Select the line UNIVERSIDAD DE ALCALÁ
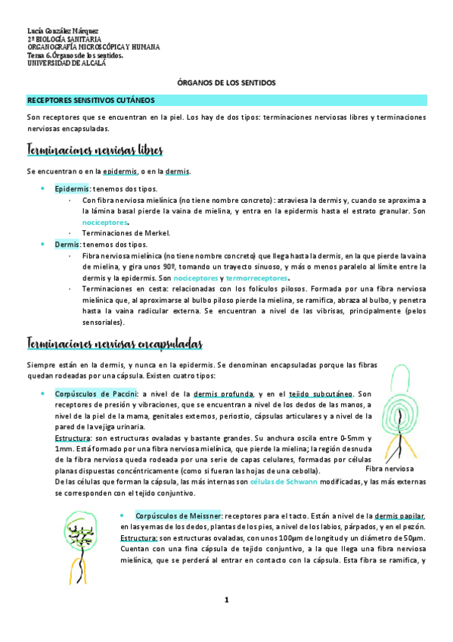coord(67,64)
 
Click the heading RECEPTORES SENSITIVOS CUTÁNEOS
coord(91,99)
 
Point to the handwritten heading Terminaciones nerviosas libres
coord(94,150)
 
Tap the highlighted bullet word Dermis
coord(67,245)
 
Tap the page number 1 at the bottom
coord(225,600)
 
